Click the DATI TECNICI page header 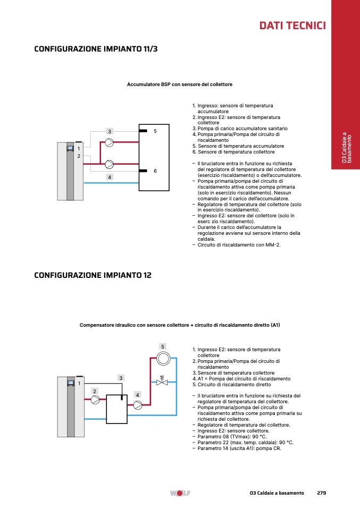pos(292,26)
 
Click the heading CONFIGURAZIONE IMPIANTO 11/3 pos(96,49)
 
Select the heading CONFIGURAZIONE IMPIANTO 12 pos(93,275)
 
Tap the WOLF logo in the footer pos(180,493)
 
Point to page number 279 pos(321,493)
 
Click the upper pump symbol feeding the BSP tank pos(110,142)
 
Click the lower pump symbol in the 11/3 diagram pos(110,164)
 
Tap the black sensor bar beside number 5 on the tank pos(143,131)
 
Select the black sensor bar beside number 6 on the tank pos(143,171)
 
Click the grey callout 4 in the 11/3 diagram pos(110,177)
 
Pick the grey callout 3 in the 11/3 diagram pos(110,131)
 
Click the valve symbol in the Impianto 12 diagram pos(162,381)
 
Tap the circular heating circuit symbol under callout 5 pos(163,359)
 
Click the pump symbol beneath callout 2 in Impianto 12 pos(95,400)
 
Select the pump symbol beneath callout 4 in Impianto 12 pos(138,405)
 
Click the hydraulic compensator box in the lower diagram pos(116,409)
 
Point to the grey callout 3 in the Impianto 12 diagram pos(121,378)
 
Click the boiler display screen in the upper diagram pos(70,148)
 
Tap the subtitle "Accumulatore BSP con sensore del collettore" pos(180,84)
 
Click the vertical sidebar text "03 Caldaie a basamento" pos(346,147)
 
